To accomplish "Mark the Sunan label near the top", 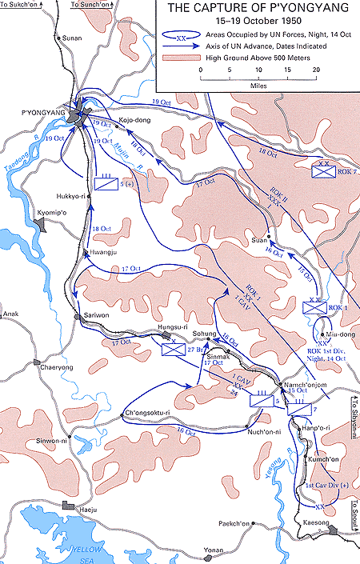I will [x=72, y=38].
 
